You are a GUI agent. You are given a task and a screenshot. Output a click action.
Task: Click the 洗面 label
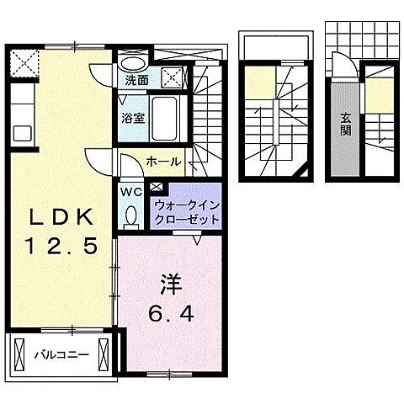click(136, 82)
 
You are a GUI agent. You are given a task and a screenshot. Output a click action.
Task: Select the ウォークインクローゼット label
click(186, 212)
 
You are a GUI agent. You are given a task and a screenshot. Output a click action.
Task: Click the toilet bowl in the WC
click(131, 217)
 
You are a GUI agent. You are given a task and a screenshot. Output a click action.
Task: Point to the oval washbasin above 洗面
click(132, 62)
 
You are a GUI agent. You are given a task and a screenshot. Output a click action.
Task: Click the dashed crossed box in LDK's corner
click(23, 62)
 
